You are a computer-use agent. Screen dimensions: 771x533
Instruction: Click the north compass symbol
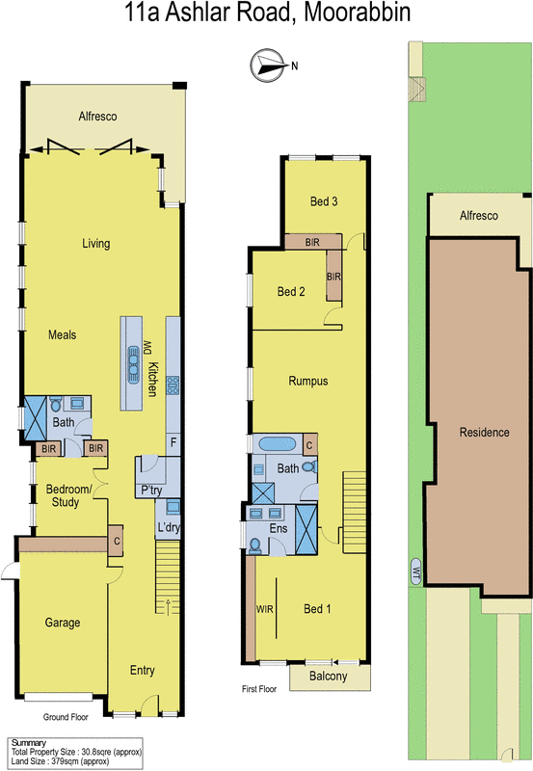click(x=265, y=65)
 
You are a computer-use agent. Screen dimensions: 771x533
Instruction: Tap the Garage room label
click(x=63, y=623)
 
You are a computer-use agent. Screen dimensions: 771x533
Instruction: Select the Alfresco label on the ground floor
click(x=97, y=117)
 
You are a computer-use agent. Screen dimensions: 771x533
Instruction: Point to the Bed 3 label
click(x=323, y=201)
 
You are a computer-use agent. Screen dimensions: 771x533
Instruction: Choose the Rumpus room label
click(x=308, y=381)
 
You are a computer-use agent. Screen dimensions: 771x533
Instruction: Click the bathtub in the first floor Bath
click(x=279, y=445)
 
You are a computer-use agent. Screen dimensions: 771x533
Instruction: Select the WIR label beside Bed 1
click(x=264, y=609)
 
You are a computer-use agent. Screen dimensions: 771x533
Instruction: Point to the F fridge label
click(x=173, y=444)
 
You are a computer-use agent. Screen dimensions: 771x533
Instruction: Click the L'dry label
click(x=169, y=527)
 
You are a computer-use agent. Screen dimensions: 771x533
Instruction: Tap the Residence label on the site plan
click(x=484, y=432)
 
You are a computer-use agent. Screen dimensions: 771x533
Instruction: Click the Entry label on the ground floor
click(x=142, y=671)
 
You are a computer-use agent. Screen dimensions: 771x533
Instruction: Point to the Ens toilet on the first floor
click(x=255, y=545)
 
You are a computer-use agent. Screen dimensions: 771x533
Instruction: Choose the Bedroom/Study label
click(x=68, y=495)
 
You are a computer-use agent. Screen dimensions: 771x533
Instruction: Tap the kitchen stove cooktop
click(x=173, y=385)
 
